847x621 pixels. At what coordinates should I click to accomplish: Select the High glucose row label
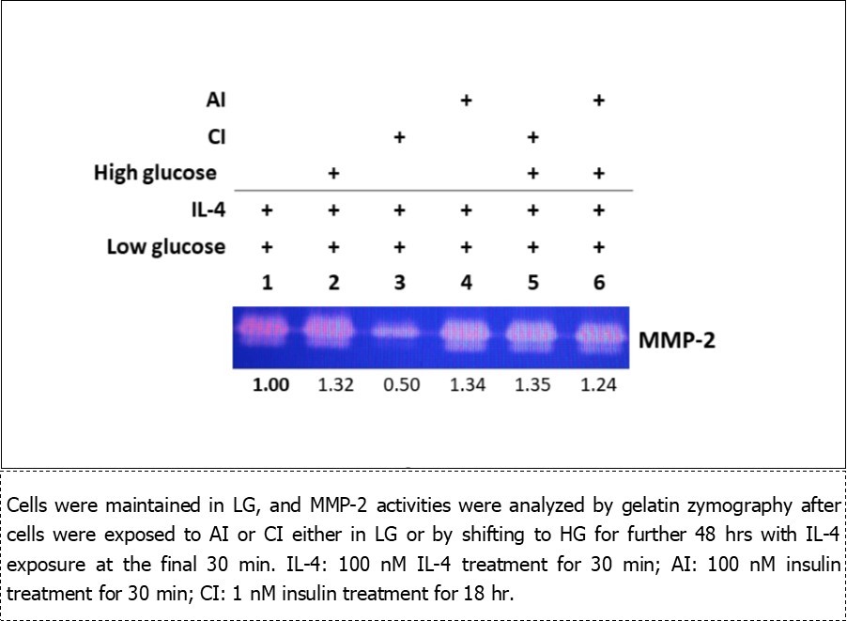click(x=155, y=174)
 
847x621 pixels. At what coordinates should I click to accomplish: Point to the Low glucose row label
click(x=165, y=247)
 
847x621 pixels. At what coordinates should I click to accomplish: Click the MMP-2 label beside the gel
click(x=676, y=339)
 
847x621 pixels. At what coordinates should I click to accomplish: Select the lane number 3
click(x=399, y=283)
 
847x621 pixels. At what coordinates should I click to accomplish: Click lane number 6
click(x=598, y=283)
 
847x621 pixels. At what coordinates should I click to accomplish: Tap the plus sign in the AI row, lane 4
click(x=465, y=100)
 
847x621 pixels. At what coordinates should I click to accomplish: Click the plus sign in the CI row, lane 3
click(x=399, y=137)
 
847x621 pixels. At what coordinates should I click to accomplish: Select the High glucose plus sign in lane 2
click(x=332, y=174)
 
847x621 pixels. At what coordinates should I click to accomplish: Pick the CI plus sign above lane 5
click(x=532, y=137)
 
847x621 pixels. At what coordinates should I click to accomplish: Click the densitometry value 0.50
click(x=399, y=386)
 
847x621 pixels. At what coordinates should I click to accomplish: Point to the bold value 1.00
click(x=267, y=386)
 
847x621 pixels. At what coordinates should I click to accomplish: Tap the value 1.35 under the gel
click(x=532, y=386)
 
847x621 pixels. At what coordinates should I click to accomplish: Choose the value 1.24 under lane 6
click(x=598, y=386)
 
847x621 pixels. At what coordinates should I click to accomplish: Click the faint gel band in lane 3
click(x=399, y=332)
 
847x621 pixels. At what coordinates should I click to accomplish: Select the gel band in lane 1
click(x=267, y=331)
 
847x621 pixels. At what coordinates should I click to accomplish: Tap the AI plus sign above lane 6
click(x=598, y=100)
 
